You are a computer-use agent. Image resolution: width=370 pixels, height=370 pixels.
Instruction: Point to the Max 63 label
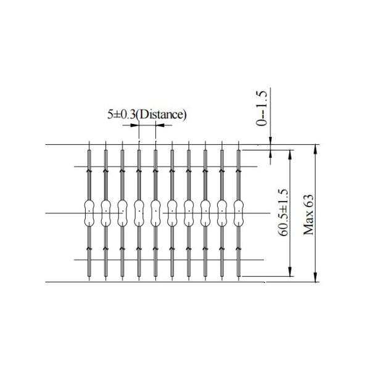tap(309, 213)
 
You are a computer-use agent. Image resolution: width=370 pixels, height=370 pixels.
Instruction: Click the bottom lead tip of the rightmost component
tap(238, 278)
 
